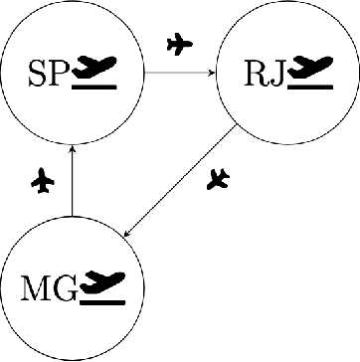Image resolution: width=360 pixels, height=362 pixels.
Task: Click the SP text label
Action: pos(49,73)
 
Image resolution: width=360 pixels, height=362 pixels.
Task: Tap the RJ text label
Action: pos(264,73)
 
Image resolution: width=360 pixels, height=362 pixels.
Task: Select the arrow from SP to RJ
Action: pos(179,72)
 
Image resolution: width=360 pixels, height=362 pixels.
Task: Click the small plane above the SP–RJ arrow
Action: pos(179,44)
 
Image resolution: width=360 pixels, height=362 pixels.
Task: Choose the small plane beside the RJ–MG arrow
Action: pos(219,180)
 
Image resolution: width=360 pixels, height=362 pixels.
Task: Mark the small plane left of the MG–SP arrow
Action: pos(42,181)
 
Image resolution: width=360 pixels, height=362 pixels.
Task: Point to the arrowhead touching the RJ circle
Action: pos(213,72)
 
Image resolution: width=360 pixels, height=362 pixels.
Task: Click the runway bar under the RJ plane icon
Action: pos(310,86)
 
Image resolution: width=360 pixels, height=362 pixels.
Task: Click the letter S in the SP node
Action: pos(38,73)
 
